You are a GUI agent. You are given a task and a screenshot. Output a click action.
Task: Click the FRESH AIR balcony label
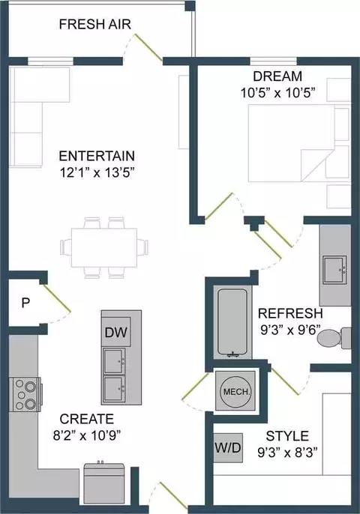tap(94, 25)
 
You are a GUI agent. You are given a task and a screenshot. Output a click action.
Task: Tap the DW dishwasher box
tap(116, 332)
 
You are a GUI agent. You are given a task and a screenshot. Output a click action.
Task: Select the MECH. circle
tap(236, 391)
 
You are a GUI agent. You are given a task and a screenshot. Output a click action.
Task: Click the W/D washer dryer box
tap(228, 448)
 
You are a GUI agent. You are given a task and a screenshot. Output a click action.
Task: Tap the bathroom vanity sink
tap(334, 270)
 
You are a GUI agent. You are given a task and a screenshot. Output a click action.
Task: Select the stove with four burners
tap(25, 394)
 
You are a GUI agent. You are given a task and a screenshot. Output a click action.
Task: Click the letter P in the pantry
tap(25, 303)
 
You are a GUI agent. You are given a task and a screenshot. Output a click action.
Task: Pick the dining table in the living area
tap(104, 248)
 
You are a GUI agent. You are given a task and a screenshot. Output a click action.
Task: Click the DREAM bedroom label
tap(277, 76)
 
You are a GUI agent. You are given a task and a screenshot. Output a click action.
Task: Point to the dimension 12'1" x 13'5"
tap(97, 172)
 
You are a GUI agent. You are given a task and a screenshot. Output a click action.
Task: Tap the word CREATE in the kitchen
tap(87, 419)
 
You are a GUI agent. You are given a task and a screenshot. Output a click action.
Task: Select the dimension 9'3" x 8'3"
tap(287, 453)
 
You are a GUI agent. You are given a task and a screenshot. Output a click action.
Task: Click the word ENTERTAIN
tap(97, 156)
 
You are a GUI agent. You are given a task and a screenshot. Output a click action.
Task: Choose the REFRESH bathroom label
tap(290, 313)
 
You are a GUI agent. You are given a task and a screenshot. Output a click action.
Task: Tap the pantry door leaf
tap(56, 298)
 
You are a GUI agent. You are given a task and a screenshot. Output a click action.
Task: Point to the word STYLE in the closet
tap(287, 436)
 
